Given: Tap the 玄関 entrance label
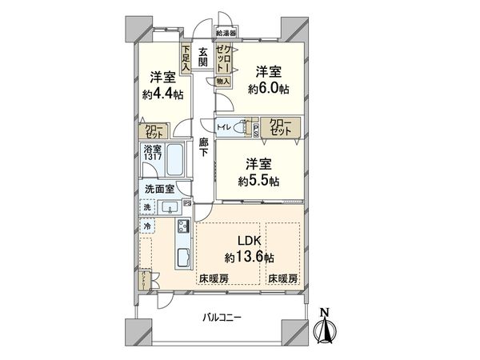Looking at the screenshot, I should point(203,57).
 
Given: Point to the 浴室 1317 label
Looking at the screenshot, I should point(154,153).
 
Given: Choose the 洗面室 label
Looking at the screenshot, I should point(158,190).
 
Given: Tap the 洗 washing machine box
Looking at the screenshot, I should point(147,208).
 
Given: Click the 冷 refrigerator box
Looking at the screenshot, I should point(147,227).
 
